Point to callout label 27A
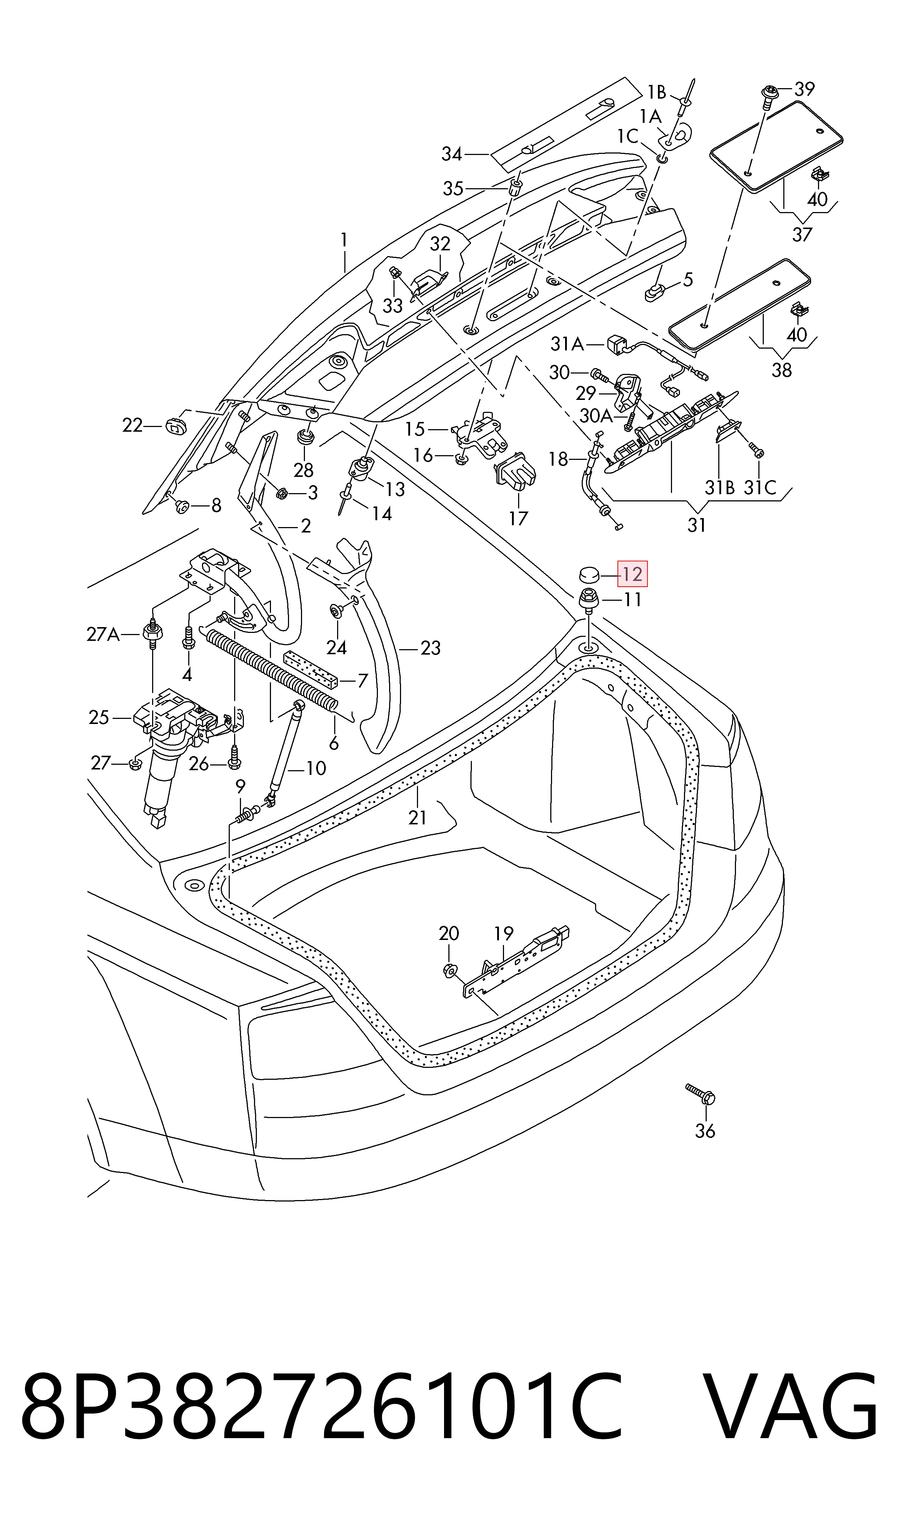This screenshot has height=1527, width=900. click(103, 635)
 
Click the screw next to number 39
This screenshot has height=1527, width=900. click(767, 96)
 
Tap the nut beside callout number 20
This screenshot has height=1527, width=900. click(449, 971)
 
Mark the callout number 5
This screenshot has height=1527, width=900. click(688, 280)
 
